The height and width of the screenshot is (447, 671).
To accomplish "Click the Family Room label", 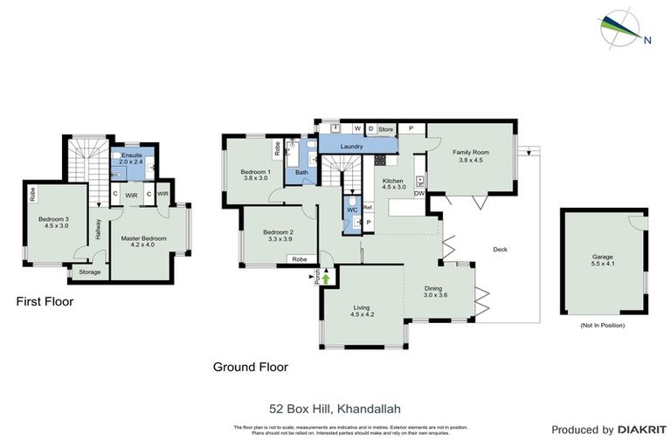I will coord(469,152).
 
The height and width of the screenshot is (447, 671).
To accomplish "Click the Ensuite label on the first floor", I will coord(132,155).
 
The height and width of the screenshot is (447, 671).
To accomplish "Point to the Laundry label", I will coord(352,147).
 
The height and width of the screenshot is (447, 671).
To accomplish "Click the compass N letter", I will coord(647,39).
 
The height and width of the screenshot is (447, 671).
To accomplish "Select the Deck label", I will coord(501,250).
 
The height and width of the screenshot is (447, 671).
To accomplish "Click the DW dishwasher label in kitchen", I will coord(419,194).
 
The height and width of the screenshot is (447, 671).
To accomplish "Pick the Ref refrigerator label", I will coord(368,207).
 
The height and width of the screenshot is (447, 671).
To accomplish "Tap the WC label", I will coord(352,210).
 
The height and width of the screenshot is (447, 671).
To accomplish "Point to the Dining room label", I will coord(435,289).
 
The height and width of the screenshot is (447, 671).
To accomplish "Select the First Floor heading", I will coord(45,301).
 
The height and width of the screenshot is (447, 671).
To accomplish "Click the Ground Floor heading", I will coord(250,367).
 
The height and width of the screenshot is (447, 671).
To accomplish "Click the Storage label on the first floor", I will coord(90,272).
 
